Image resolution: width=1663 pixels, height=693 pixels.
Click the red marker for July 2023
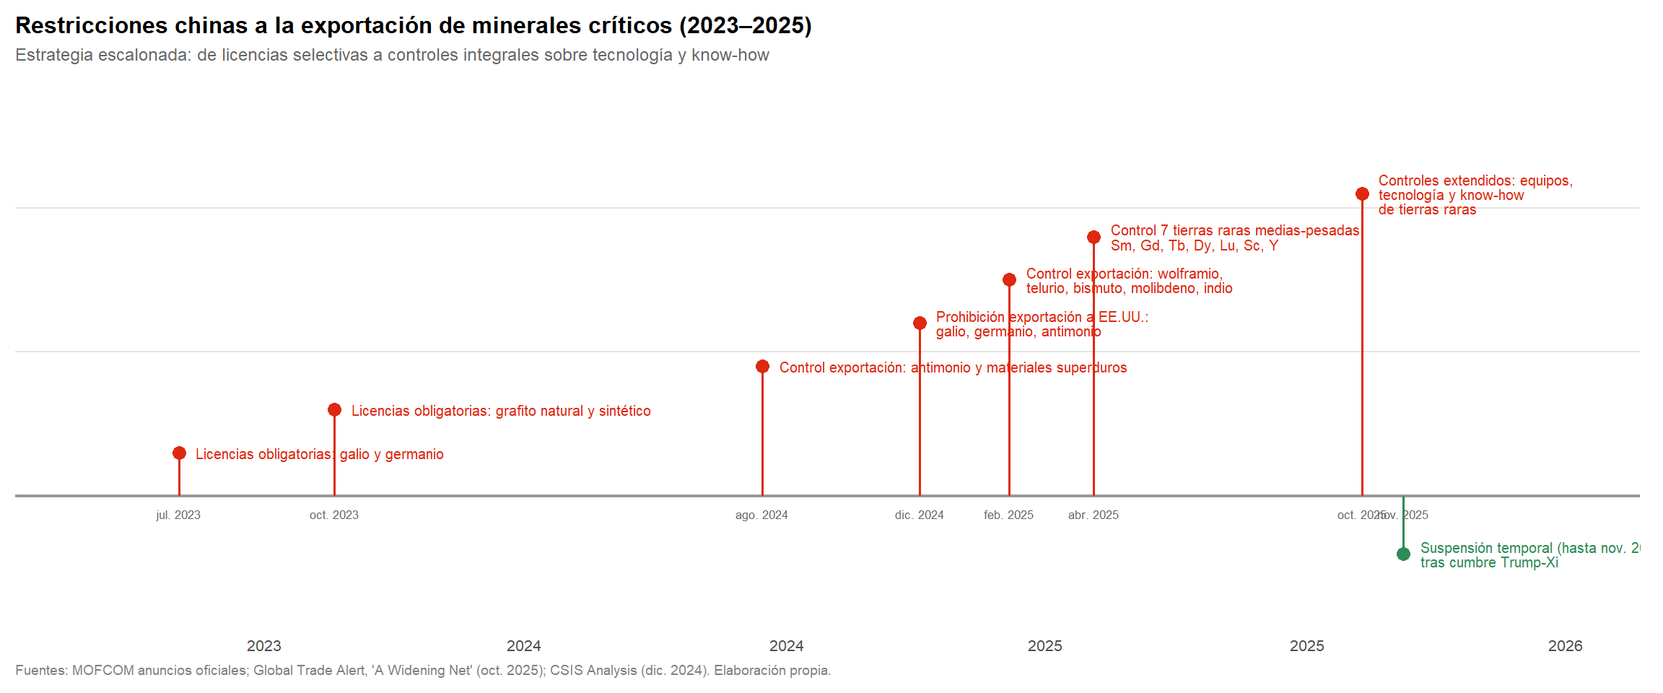[x=179, y=453]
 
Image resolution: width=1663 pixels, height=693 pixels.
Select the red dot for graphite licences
[x=334, y=410]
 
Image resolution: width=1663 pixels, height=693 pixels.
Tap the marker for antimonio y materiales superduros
[x=762, y=367]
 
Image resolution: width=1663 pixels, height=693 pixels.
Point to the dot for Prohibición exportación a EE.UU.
[x=920, y=323]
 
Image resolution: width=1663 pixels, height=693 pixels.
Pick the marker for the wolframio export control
[x=1009, y=280]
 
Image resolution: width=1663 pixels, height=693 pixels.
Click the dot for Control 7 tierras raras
[x=1094, y=237]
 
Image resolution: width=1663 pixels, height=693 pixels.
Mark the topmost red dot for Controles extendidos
[x=1362, y=194]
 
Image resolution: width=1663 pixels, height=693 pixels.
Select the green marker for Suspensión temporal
[x=1403, y=554]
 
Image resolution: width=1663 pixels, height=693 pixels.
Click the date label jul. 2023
[x=178, y=515]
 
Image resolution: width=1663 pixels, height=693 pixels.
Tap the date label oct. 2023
[x=333, y=515]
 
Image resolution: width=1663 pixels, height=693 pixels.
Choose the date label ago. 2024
[x=761, y=515]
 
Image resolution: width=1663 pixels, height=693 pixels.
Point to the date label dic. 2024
[x=919, y=515]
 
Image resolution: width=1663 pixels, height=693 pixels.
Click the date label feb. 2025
[x=1008, y=515]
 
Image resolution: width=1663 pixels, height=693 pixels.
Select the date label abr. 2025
[x=1093, y=515]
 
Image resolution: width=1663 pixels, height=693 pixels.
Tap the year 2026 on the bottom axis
[x=1565, y=646]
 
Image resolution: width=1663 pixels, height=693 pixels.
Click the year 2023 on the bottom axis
[x=264, y=646]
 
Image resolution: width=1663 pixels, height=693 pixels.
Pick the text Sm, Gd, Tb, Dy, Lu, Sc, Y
[x=1194, y=246]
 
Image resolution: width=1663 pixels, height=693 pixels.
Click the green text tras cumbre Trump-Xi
[x=1489, y=563]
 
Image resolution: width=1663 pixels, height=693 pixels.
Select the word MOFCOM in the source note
[x=102, y=671]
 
